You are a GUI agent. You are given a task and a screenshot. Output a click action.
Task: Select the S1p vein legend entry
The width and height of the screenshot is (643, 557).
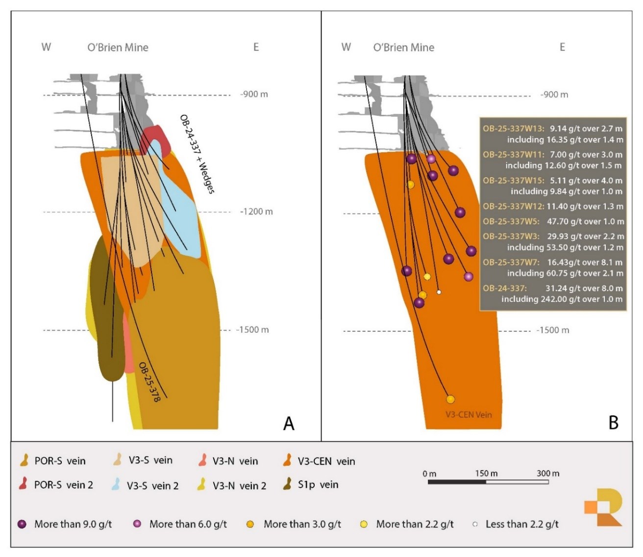pyautogui.click(x=312, y=485)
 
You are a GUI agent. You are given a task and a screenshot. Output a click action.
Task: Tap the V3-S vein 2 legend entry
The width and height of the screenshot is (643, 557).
pyautogui.click(x=146, y=486)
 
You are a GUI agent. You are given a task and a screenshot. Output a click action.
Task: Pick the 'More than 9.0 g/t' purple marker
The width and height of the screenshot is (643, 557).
pyautogui.click(x=22, y=524)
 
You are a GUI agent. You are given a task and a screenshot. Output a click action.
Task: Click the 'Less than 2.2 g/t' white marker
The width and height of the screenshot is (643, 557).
pyautogui.click(x=475, y=525)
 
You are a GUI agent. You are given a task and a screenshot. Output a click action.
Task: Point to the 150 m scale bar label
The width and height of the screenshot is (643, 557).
pyautogui.click(x=486, y=474)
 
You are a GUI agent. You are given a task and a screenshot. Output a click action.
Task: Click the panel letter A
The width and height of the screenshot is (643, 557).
pyautogui.click(x=289, y=423)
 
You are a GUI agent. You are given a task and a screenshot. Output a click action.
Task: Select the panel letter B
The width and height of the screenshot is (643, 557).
pyautogui.click(x=613, y=422)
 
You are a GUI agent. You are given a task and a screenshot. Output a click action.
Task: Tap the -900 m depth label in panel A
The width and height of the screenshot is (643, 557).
pyautogui.click(x=254, y=94)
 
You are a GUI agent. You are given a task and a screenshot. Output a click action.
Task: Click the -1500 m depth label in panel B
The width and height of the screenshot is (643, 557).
pyautogui.click(x=553, y=330)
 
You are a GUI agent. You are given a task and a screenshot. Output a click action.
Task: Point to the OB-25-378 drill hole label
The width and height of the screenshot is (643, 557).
pyautogui.click(x=149, y=382)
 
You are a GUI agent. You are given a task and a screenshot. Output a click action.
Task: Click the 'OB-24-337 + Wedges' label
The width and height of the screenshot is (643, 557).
pyautogui.click(x=197, y=154)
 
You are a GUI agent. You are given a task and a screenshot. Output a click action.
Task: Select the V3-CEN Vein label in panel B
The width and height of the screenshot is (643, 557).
pyautogui.click(x=469, y=415)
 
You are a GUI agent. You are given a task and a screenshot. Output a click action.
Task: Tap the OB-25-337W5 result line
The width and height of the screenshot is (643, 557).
pyautogui.click(x=553, y=221)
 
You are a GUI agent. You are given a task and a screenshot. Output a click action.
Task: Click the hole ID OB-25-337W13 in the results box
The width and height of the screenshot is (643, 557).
pyautogui.click(x=513, y=129)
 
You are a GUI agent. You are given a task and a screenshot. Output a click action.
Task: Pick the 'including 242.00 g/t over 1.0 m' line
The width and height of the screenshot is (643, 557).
pyautogui.click(x=562, y=299)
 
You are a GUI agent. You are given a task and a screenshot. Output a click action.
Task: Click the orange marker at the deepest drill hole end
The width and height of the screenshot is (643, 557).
pyautogui.click(x=450, y=399)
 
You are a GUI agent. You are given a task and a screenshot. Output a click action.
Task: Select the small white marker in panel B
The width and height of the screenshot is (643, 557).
pyautogui.click(x=439, y=292)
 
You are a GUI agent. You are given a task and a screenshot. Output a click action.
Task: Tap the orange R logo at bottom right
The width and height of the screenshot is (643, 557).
pyautogui.click(x=604, y=507)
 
